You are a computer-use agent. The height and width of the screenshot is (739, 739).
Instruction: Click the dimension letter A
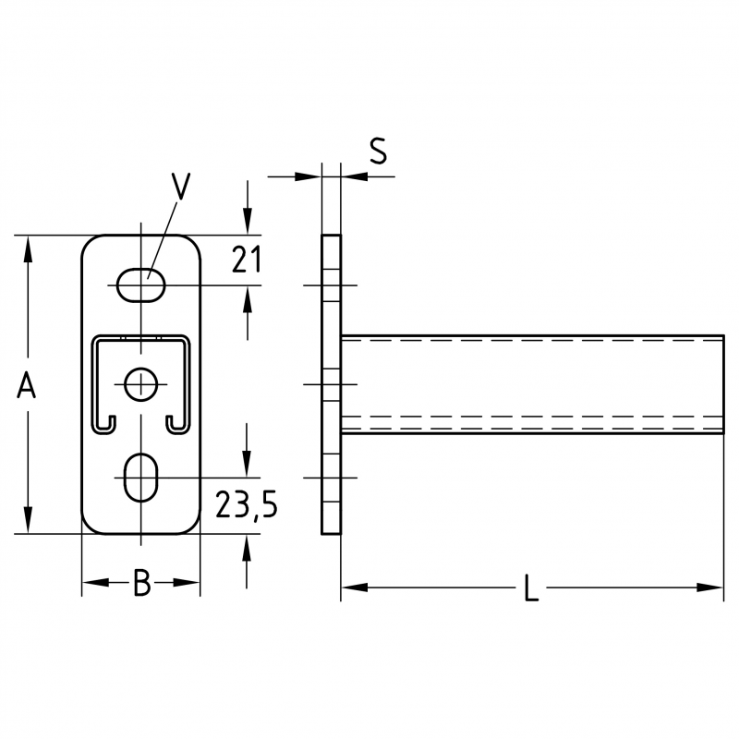pos(27,384)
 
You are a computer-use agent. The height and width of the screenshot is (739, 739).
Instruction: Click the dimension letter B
pos(142,583)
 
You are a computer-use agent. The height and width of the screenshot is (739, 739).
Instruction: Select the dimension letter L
pos(532,588)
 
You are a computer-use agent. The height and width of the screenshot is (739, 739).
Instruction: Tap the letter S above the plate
pos(378,151)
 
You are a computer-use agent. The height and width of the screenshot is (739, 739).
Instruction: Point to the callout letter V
pos(180,187)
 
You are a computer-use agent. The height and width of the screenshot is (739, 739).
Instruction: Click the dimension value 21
pos(246,260)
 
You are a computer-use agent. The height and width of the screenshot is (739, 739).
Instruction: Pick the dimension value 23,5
pos(247,504)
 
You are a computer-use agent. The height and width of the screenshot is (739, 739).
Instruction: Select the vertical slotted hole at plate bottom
pos(141,478)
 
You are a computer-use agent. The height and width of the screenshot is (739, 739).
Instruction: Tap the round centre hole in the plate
pos(141,384)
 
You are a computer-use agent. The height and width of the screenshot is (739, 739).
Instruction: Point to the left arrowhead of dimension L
pos(354,588)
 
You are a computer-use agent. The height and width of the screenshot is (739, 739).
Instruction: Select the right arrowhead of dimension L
pos(709,588)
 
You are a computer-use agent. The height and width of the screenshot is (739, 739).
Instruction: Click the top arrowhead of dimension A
pos(29,248)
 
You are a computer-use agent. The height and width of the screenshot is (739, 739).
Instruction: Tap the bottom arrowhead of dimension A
pos(29,520)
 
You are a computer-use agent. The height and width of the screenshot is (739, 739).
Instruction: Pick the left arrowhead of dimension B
pos(96,583)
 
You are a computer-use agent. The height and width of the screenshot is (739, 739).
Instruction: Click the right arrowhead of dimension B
pos(187,583)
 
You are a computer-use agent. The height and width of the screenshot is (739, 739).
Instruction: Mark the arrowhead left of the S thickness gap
pos(308,176)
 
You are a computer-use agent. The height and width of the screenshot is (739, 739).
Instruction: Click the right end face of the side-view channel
pos(723,384)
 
